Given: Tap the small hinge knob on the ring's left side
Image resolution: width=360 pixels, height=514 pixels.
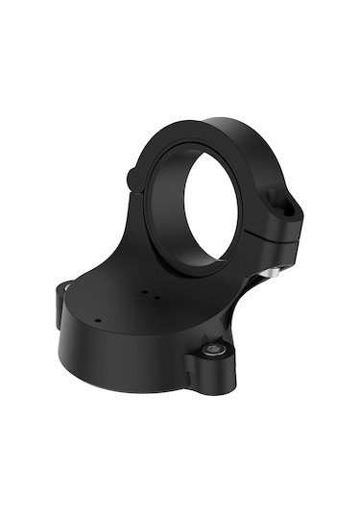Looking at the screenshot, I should pos(132,176).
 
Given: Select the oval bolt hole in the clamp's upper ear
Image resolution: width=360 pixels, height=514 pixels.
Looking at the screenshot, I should pos(280,201).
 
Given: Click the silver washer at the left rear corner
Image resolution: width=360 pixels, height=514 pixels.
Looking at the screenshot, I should pos(63,285).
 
